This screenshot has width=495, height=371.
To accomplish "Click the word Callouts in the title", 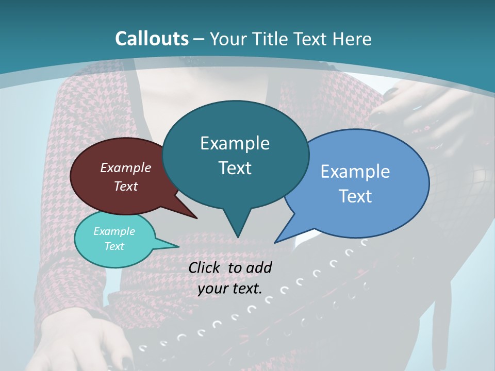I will coord(152,39).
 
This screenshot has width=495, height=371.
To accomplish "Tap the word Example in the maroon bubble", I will coord(126,167).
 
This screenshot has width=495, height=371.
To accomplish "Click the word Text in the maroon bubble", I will coord(126,186).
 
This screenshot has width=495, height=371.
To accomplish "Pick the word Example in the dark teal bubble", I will coord(235,143).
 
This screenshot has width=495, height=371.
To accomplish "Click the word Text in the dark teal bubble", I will coord(235,168).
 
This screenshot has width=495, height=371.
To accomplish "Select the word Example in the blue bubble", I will coord(355,172).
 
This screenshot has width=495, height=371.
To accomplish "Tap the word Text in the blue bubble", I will coord(355,196).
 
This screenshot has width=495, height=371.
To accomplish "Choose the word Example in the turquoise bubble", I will coord(114,231).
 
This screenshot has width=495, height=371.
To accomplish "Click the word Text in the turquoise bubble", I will coord(114,246).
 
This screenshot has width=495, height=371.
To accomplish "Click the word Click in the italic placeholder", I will coord(206,267).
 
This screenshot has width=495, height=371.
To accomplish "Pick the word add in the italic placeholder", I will coord(259,267).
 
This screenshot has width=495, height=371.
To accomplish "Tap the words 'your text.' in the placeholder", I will coord(230,289).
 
